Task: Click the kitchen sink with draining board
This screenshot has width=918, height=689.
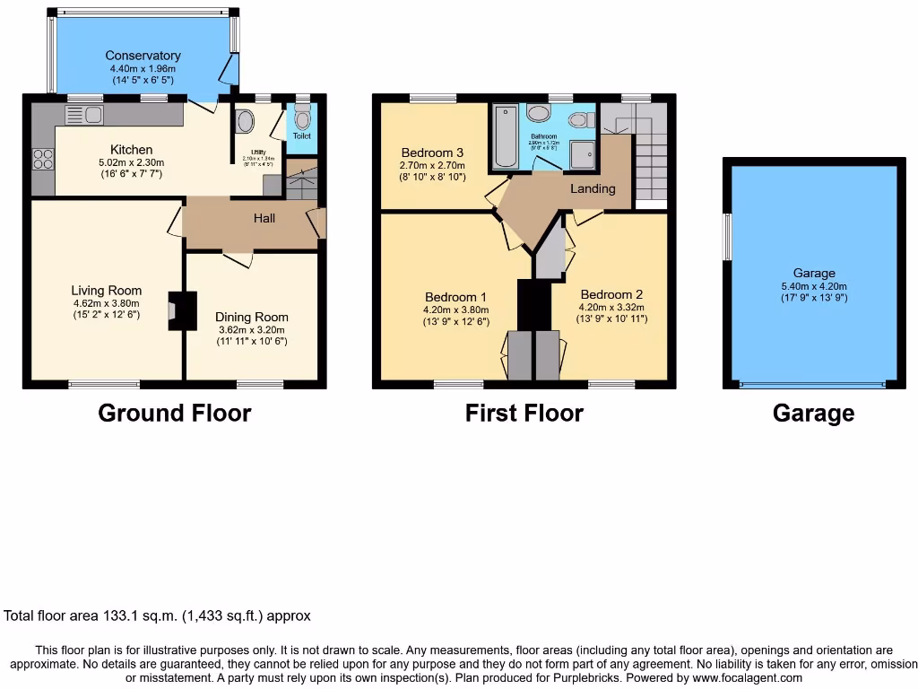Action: coord(84,114)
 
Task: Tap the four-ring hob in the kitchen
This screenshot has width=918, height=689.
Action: coord(42,159)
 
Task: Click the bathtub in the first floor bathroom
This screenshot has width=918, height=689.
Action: coord(505,136)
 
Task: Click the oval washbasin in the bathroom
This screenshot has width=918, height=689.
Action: coord(539,113)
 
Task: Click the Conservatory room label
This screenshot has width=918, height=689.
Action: coord(143,56)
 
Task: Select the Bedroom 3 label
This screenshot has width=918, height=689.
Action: coord(432,152)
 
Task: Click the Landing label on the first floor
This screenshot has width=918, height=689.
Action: coord(593,188)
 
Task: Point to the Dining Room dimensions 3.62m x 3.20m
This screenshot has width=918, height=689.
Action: coord(251,329)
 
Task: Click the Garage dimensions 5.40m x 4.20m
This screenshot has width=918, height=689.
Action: coord(813,286)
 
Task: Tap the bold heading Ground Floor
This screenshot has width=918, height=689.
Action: coord(174,413)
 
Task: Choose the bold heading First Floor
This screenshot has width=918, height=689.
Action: coord(524,413)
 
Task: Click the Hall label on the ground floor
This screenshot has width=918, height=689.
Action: coord(264,218)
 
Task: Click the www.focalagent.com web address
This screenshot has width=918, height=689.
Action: coord(738,677)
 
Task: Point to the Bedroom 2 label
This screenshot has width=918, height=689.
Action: coord(611,294)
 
